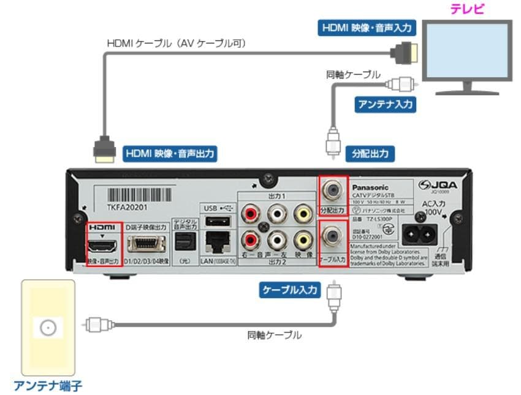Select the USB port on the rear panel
pos(216,220)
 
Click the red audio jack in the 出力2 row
pos(249,238)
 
